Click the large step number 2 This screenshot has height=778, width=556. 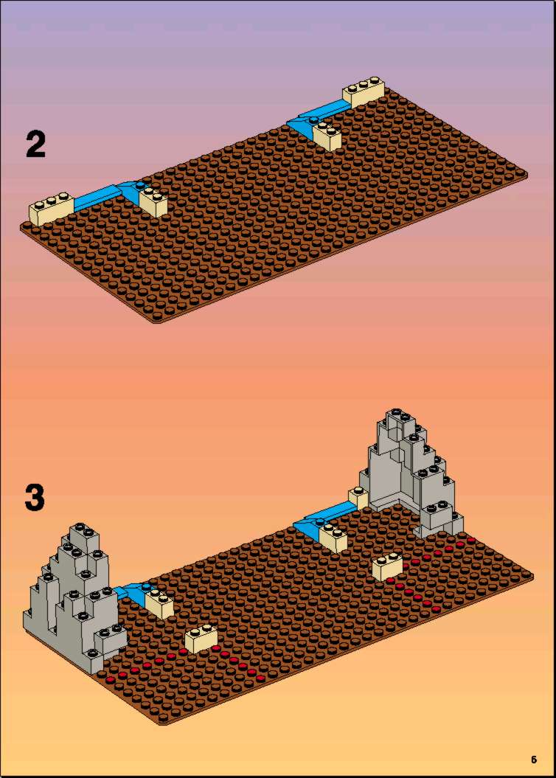(x=35, y=145)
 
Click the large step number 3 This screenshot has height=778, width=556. (x=35, y=498)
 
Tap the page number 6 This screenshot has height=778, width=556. (x=534, y=759)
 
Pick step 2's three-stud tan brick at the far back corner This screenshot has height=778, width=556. (x=364, y=91)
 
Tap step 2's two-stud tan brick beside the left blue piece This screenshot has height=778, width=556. (x=153, y=201)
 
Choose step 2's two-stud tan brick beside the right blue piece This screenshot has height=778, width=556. (x=327, y=136)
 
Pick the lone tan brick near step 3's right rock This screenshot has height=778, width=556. (x=387, y=566)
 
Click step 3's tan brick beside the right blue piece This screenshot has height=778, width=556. (x=333, y=538)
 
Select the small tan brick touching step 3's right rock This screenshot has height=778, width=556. (x=358, y=497)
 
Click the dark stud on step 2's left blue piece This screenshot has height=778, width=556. (x=141, y=185)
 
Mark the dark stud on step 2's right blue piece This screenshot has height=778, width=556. (x=314, y=119)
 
